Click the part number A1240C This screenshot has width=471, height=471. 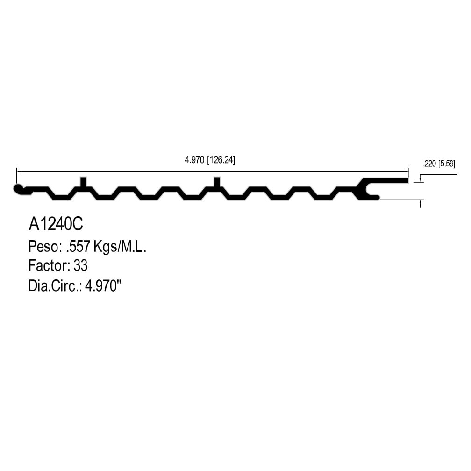[56, 224]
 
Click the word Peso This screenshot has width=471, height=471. [43, 246]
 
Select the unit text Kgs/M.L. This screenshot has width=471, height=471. [120, 247]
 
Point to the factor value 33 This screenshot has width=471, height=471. [80, 265]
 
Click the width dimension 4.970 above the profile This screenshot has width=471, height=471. [194, 160]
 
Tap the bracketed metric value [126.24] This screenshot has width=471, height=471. [221, 160]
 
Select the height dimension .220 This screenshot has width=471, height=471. [429, 164]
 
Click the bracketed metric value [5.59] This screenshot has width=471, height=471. [447, 164]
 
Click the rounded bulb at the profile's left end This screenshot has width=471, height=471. [18, 189]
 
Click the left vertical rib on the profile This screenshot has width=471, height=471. [84, 182]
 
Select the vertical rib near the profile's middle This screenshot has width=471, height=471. [217, 182]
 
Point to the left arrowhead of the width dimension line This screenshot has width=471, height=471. [19, 172]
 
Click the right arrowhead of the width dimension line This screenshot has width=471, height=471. [407, 172]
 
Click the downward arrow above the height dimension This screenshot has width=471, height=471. [420, 179]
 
